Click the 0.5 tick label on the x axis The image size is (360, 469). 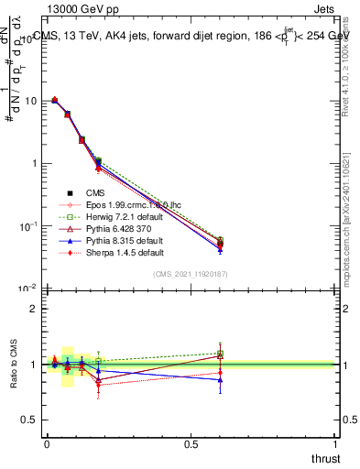pos(191,444)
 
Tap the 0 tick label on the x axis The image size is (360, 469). pos(47,444)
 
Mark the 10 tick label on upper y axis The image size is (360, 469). pos(28,101)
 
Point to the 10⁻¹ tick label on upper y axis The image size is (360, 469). pos(27,225)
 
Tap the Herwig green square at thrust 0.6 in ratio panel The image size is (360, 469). pos(220,354)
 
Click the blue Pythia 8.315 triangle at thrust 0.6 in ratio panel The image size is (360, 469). pos(220,380)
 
